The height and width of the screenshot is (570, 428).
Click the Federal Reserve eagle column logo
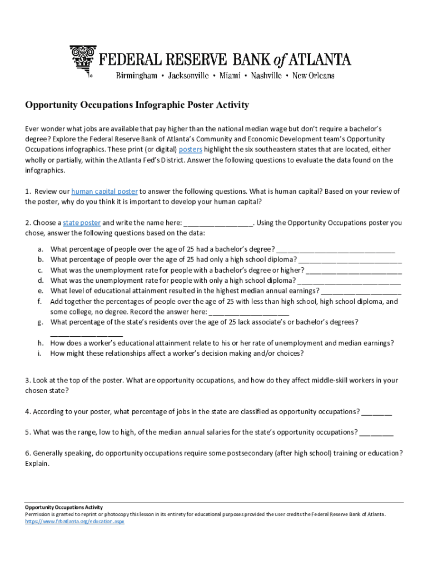point(83,61)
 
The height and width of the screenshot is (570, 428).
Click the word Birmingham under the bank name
point(136,76)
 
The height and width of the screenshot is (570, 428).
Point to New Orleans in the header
point(313,76)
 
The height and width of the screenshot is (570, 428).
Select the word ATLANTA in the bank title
point(322,59)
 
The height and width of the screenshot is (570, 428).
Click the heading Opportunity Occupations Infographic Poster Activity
point(137,105)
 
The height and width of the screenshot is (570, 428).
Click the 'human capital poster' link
point(104,191)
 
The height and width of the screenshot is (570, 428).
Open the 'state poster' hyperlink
point(82,223)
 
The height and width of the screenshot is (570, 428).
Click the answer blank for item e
point(361,291)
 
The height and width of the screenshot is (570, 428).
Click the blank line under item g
point(86,333)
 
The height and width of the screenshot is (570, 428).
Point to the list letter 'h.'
point(41,343)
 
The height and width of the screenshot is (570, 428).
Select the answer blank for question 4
point(376,412)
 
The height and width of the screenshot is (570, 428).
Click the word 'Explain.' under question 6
point(37,463)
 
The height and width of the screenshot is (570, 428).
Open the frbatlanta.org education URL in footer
point(74,522)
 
